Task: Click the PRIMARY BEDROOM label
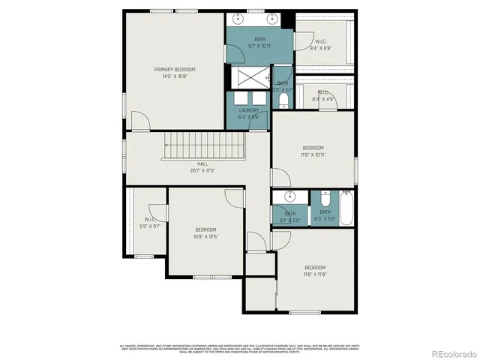[175, 69]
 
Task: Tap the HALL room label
[202, 163]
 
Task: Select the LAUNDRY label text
[249, 110]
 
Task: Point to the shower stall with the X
[250, 75]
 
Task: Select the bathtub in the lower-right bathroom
[346, 208]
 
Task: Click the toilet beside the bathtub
[325, 199]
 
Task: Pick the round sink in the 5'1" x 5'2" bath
[289, 197]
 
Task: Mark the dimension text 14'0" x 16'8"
[175, 76]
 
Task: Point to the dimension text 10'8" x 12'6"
[205, 236]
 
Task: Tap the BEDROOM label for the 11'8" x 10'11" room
[313, 148]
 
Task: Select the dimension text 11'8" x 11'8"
[314, 274]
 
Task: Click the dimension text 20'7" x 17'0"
[202, 170]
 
